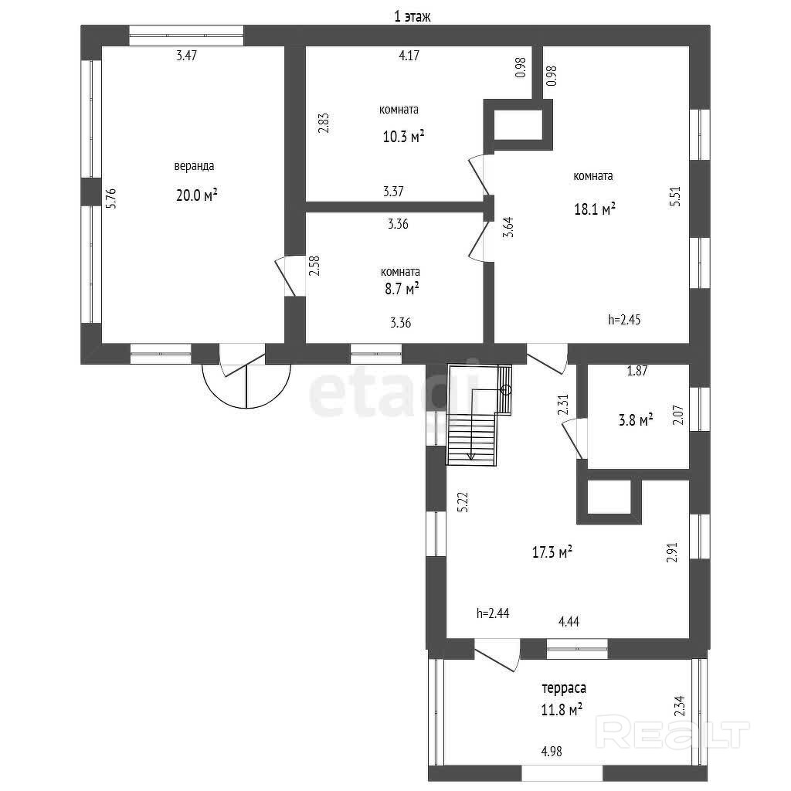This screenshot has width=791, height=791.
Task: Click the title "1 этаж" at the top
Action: click(x=412, y=17)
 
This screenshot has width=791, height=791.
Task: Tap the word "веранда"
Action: click(x=194, y=166)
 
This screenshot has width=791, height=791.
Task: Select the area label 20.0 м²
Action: click(x=196, y=195)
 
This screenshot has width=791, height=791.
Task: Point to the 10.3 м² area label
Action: click(x=403, y=136)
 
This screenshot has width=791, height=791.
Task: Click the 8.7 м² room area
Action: click(x=402, y=289)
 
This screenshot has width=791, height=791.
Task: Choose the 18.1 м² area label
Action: click(x=595, y=209)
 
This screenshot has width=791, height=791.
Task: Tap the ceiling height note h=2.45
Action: click(x=624, y=319)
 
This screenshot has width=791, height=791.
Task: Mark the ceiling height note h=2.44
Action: click(x=493, y=613)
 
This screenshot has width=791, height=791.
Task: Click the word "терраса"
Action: click(x=564, y=688)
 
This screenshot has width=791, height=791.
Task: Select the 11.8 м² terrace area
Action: click(x=562, y=711)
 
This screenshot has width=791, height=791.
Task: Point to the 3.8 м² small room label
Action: click(x=637, y=419)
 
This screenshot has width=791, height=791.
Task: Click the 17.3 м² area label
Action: click(x=552, y=552)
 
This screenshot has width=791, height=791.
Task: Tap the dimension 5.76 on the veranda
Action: click(x=111, y=199)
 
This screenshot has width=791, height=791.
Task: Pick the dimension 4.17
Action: click(x=409, y=56)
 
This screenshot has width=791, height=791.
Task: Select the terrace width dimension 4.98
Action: click(x=552, y=751)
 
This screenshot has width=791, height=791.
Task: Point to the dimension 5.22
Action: click(x=463, y=502)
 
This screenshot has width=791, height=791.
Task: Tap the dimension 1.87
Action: click(x=637, y=371)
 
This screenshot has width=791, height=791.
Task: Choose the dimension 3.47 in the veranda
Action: click(x=187, y=56)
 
